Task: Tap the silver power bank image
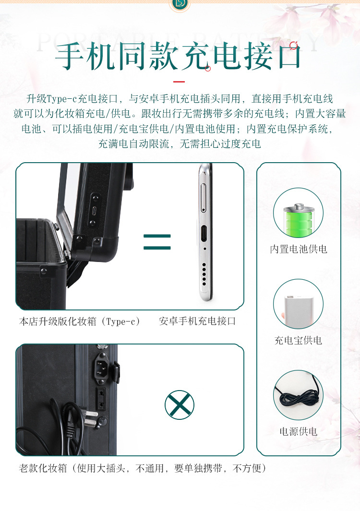pos(298,305)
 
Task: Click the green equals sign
pos(157,242)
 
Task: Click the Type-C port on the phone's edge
pos(204,234)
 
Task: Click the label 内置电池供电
pos(298,249)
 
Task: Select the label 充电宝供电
pos(298,340)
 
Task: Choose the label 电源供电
pos(298,431)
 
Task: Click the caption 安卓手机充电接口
pos(197,321)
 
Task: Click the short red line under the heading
pos(179,82)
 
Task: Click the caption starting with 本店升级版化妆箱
pos(80,321)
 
